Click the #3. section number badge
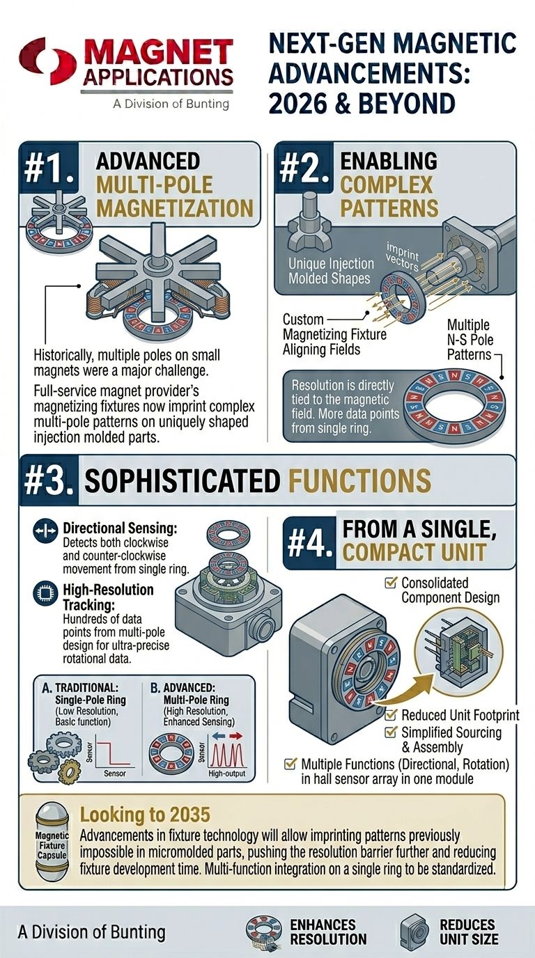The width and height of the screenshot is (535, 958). point(47,481)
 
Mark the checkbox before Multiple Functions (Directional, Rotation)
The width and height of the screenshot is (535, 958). point(290,764)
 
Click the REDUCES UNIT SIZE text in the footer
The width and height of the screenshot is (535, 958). point(468,932)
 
